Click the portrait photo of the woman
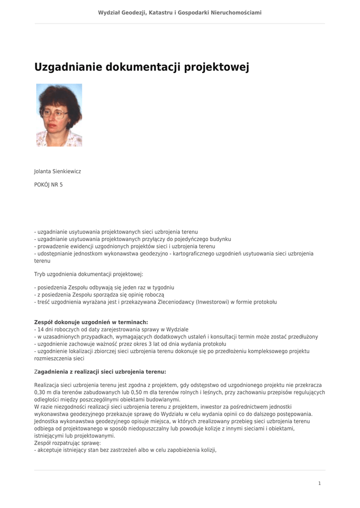tap(59, 115)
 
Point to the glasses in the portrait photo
tap(55, 113)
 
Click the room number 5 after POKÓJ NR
tap(61, 185)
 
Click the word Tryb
tap(39, 274)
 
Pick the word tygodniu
tap(163, 287)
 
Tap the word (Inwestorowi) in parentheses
tap(213, 302)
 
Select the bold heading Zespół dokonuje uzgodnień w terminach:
tap(91, 322)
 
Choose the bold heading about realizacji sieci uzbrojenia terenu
tap(100, 372)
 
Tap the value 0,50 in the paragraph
tap(134, 392)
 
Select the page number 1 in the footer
tap(319, 483)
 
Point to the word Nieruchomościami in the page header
tap(236, 12)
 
